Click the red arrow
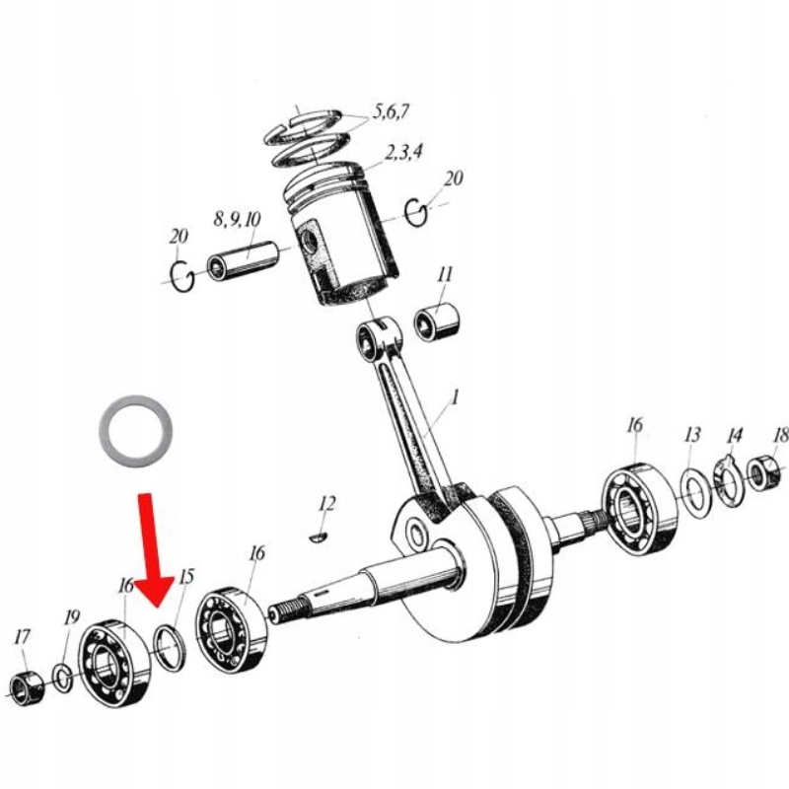point(152,548)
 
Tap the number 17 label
point(22,637)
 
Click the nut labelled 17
point(28,688)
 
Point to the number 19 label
point(72,617)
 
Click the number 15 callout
point(186,577)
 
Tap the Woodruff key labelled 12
point(319,537)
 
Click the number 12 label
point(326,503)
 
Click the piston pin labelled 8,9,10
point(243,259)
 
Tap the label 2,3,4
point(403,152)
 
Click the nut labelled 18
point(762,471)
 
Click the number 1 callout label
point(455,398)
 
